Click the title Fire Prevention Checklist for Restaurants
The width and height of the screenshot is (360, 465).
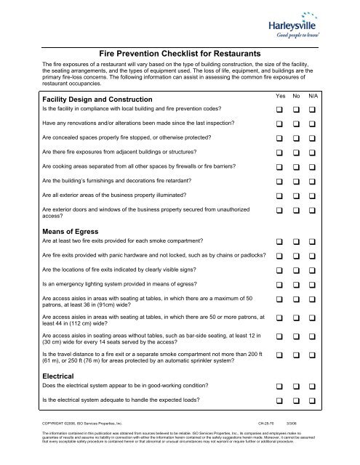pos(179,54)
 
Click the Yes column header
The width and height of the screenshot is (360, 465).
pos(281,95)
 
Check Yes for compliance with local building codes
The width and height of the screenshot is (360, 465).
pos(281,110)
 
